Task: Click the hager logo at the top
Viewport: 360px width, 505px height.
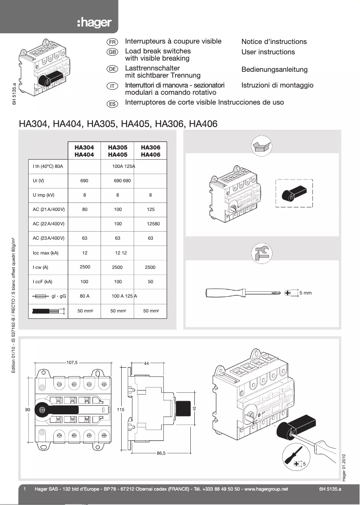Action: point(94,23)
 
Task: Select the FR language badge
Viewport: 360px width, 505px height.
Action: point(112,41)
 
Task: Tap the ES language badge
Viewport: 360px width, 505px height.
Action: point(112,103)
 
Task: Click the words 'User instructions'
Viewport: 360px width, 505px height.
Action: point(268,52)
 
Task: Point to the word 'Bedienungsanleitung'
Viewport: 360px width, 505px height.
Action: point(274,70)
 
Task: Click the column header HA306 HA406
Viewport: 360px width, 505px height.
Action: point(150,151)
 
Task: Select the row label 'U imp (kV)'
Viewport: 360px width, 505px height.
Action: point(44,195)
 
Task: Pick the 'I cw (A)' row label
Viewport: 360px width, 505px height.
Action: point(40,268)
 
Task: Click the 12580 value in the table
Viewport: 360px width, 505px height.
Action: point(153,224)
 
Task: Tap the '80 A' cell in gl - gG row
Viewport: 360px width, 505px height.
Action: point(85,296)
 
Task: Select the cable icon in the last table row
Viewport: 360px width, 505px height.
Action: point(47,311)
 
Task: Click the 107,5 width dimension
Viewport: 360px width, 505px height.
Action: point(72,362)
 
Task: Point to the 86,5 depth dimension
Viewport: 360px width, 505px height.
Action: point(161,453)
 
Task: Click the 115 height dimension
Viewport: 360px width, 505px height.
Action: point(120,410)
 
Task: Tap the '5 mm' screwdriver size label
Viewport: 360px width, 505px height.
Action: point(305,293)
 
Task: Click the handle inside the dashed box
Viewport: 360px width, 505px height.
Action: point(294,193)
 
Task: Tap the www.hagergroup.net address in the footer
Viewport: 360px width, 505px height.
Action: point(266,489)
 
